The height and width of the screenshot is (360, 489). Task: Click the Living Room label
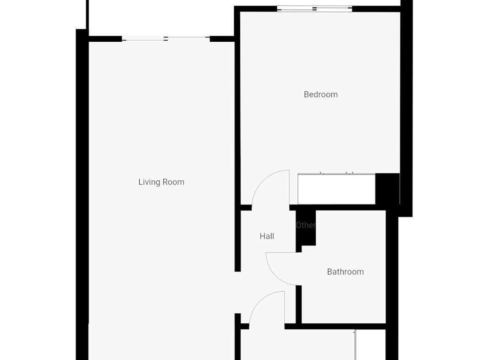pos(161,182)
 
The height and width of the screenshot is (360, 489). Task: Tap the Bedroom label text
pos(321,94)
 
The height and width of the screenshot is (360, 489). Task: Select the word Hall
pos(267,236)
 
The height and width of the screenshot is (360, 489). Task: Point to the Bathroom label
pos(345,271)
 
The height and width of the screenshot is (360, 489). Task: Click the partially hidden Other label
pos(306,225)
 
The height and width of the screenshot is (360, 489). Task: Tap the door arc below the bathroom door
pos(260,299)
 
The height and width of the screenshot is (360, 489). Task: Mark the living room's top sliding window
pos(165,39)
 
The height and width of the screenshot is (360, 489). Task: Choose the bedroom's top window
pos(314,9)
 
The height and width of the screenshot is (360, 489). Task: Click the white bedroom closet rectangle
pos(336,189)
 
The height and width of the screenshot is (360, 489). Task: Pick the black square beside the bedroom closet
pos(387,189)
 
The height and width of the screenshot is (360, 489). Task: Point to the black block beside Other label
pos(306,229)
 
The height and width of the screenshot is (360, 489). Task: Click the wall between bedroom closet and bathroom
pos(338,207)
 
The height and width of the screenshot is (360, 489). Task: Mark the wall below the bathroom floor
pos(335,327)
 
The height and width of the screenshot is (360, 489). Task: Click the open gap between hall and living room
pos(237,292)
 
